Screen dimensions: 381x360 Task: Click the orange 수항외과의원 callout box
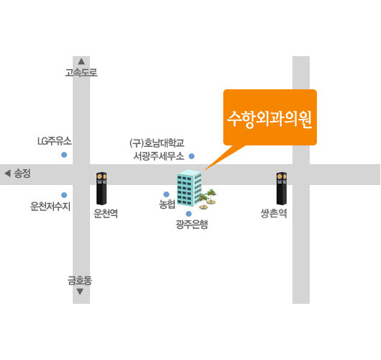coord(270,117)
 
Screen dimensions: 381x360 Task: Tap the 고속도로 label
coord(81,73)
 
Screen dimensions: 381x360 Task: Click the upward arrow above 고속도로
coord(81,61)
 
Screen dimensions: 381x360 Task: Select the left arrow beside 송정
coord(7,174)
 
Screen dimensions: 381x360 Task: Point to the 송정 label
coord(22,174)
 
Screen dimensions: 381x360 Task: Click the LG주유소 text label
coord(55,141)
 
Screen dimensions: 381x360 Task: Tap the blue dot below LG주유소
coord(64,155)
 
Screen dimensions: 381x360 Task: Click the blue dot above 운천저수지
coord(64,195)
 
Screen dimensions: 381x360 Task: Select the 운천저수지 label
coord(50,207)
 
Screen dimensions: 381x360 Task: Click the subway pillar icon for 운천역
coord(102,189)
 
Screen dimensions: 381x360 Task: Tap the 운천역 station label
coord(106,213)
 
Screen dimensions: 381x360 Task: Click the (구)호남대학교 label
coord(157,143)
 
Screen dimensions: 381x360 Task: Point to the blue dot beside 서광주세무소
coord(192,156)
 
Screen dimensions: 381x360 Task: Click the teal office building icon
coord(189,188)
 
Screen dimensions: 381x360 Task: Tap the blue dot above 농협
coord(166,194)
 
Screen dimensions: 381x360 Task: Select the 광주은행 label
coord(192,224)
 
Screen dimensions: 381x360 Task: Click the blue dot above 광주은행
coord(189,214)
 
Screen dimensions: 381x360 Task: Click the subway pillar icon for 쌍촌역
coord(282,189)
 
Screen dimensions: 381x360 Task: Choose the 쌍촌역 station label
coord(274,213)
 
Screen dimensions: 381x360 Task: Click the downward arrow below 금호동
coord(80,292)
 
